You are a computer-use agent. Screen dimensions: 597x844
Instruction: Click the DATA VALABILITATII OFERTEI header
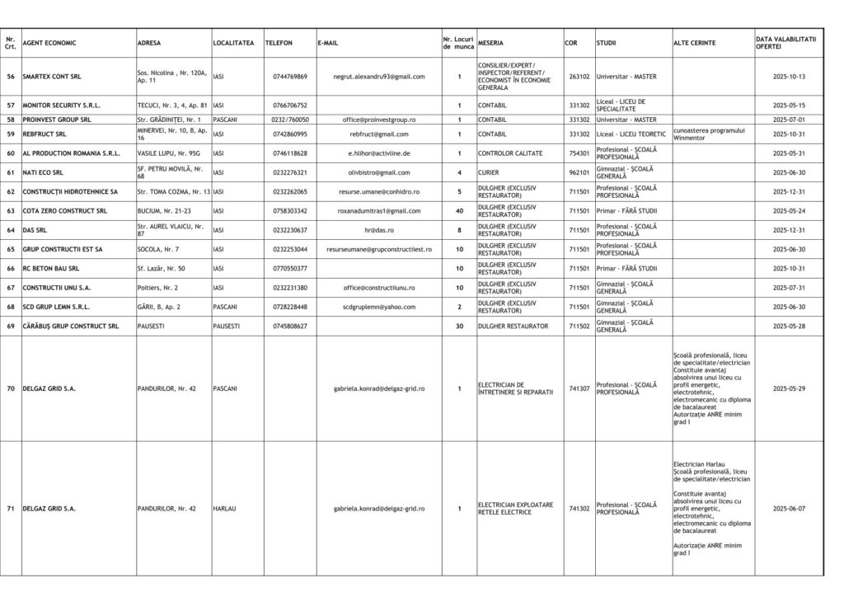point(785,43)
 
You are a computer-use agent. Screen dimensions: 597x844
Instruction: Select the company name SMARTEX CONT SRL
point(58,77)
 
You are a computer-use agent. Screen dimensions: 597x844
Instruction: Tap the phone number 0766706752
point(290,106)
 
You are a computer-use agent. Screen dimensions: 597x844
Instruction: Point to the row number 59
point(11,134)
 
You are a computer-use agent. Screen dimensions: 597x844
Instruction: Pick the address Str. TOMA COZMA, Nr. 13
point(173,191)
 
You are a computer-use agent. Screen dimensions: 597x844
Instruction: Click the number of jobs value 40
point(459,211)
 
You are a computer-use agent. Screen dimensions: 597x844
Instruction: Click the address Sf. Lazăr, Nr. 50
point(161,269)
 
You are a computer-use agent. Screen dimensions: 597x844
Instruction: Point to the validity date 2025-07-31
point(789,288)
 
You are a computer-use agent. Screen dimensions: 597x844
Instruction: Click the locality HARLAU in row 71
point(224,509)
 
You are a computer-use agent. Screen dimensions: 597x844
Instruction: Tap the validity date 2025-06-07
point(789,509)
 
